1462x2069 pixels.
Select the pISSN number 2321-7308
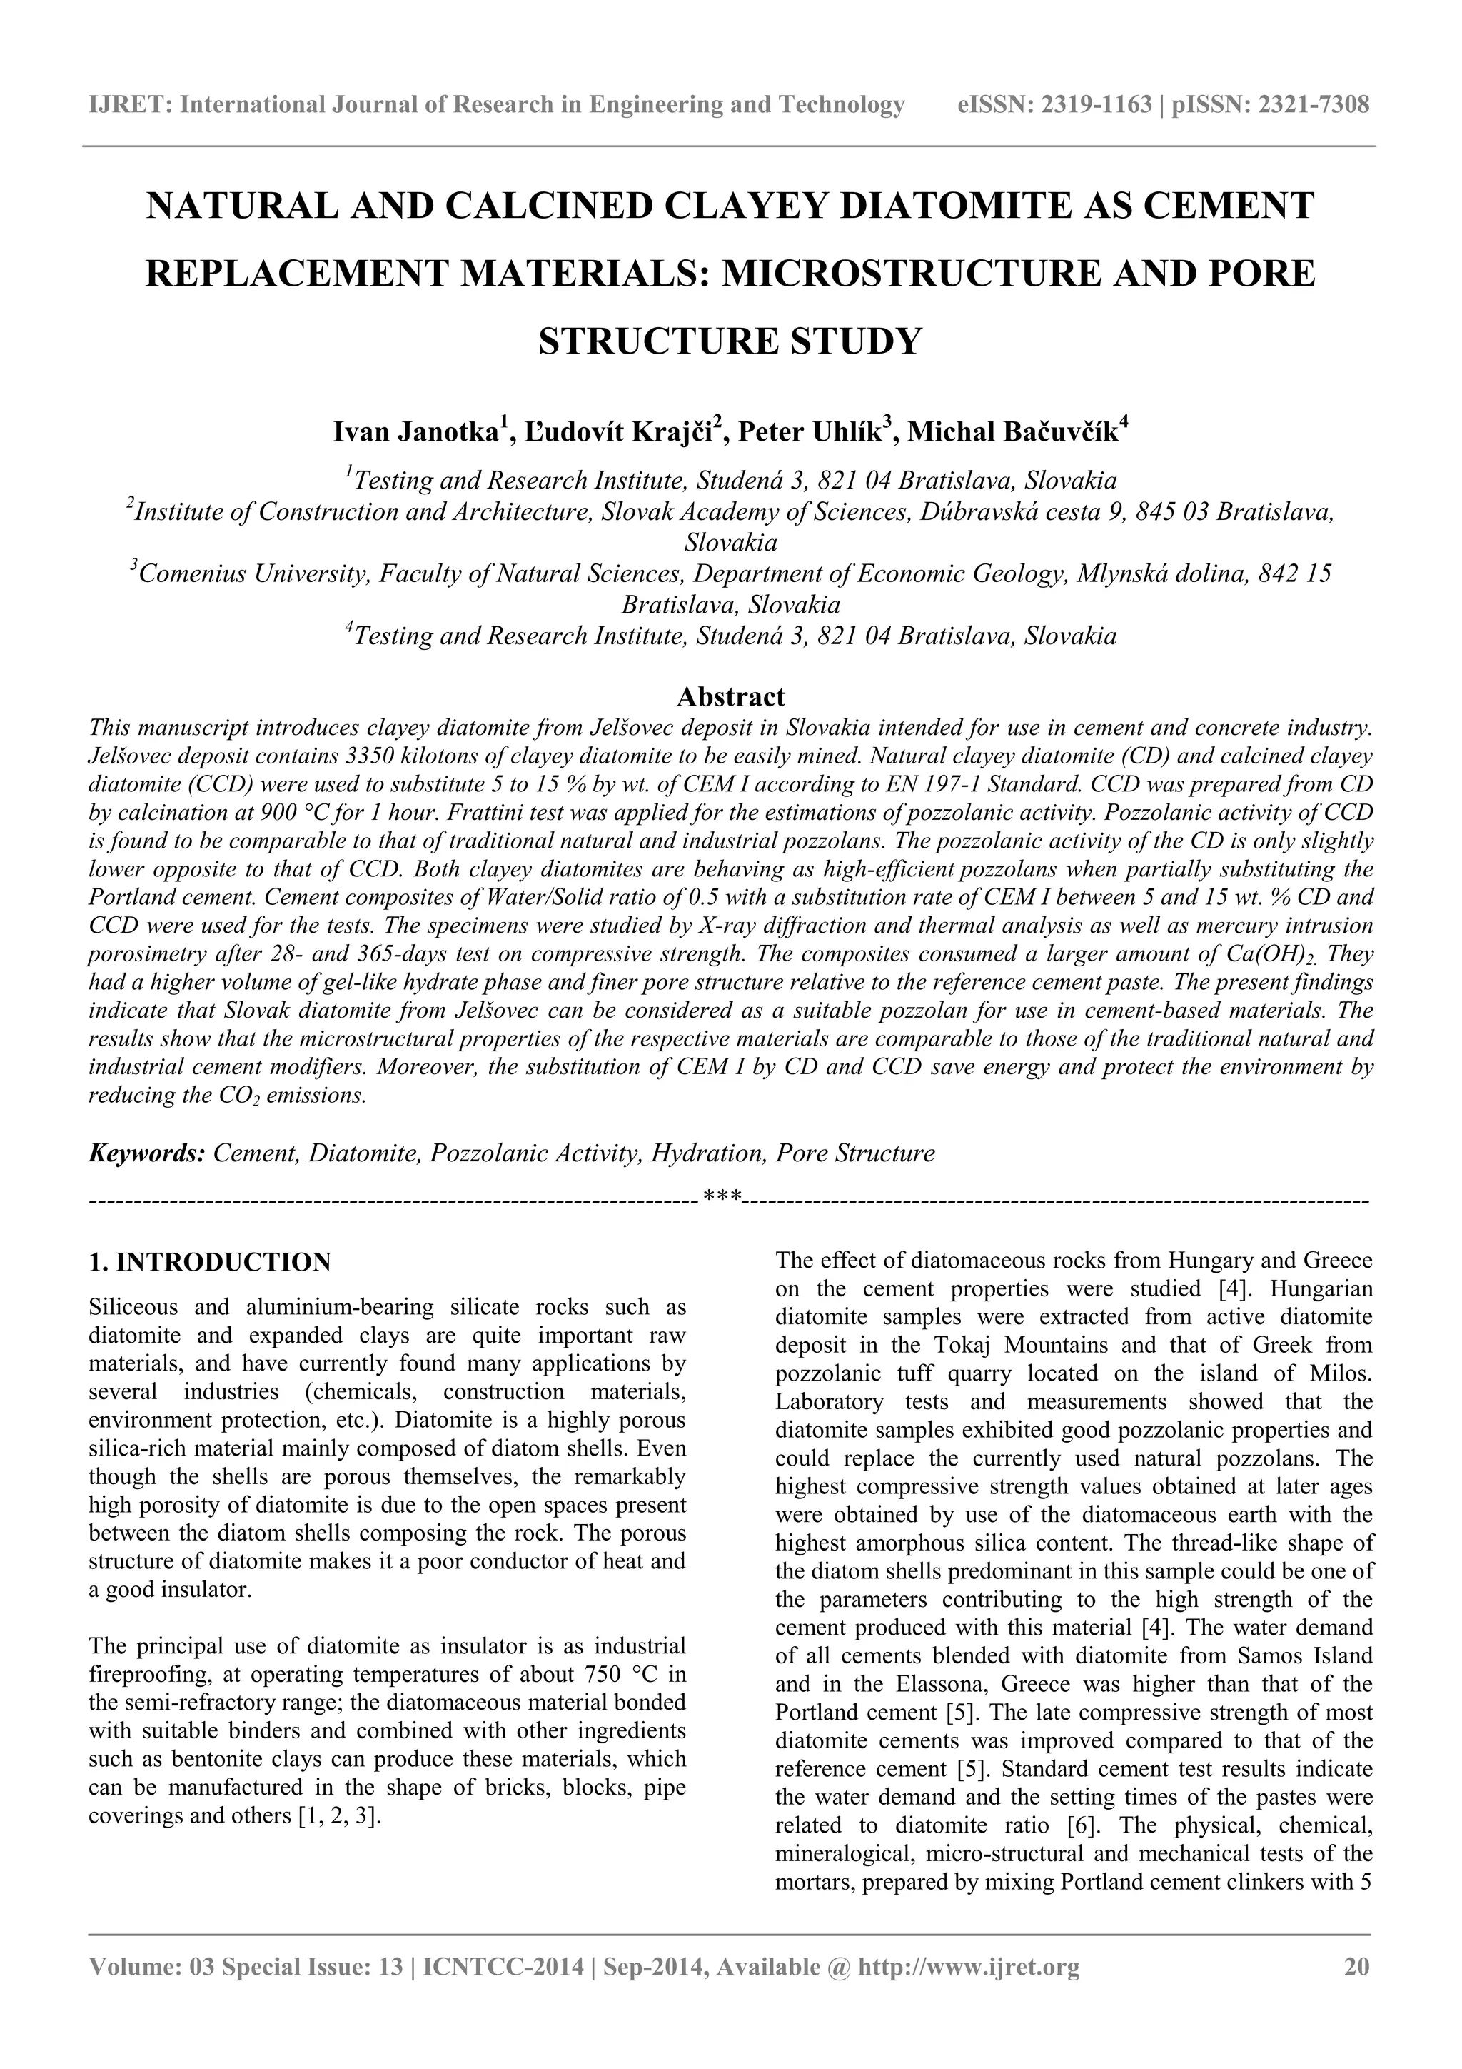pos(1314,106)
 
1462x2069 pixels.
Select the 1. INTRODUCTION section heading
pos(210,1261)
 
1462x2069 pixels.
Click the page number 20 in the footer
pos(1356,1967)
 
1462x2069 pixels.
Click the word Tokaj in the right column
pos(963,1346)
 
